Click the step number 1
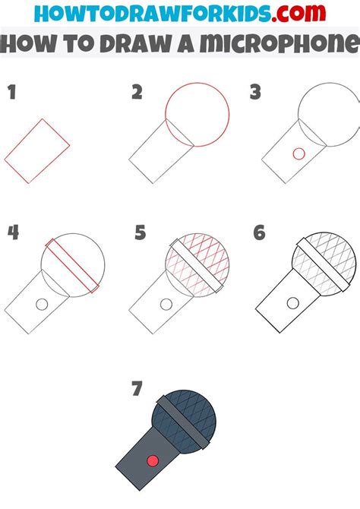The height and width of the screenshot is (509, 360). click(11, 94)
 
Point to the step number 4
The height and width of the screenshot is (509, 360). click(12, 232)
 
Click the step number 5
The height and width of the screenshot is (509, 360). click(140, 232)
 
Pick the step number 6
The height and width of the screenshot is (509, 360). click(259, 232)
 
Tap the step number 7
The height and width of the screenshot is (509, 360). click(137, 389)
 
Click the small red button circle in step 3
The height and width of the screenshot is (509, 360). click(298, 153)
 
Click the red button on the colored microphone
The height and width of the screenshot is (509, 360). click(152, 460)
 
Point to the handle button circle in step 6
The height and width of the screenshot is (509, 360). click(291, 304)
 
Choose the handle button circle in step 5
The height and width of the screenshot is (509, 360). click(165, 304)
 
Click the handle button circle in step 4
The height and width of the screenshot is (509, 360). click(43, 304)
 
